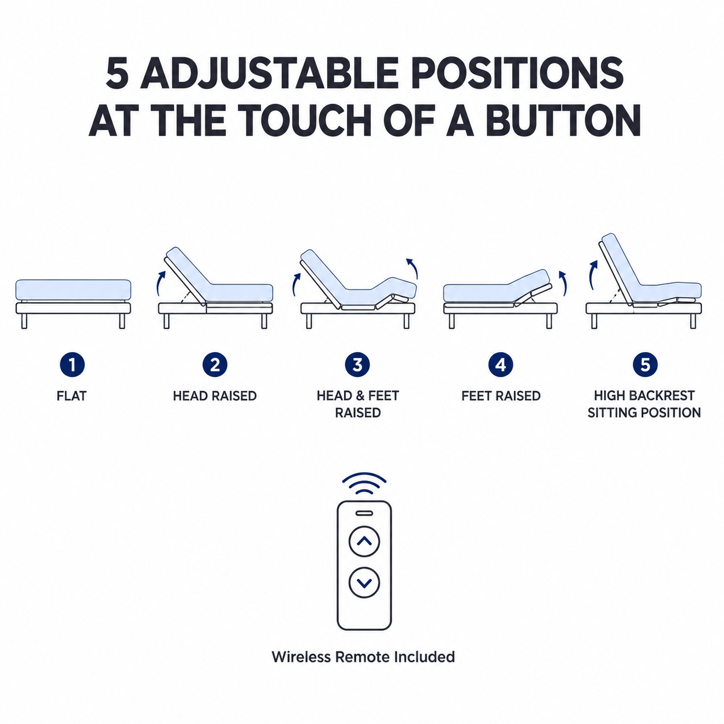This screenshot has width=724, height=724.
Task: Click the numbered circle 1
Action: pyautogui.click(x=72, y=364)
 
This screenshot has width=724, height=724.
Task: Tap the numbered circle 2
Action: pyautogui.click(x=215, y=364)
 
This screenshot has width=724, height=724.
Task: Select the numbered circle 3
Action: pyautogui.click(x=358, y=364)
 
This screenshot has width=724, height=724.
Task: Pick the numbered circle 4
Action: pyautogui.click(x=501, y=364)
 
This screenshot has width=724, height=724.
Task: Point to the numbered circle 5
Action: pyautogui.click(x=645, y=364)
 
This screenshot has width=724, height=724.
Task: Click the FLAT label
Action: pyautogui.click(x=72, y=395)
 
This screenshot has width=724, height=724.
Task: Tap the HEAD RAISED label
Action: pyautogui.click(x=215, y=395)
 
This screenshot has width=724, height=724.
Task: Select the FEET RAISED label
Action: pyautogui.click(x=501, y=395)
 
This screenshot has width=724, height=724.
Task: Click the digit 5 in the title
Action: pyautogui.click(x=117, y=73)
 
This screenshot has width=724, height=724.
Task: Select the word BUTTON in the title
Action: pyautogui.click(x=563, y=120)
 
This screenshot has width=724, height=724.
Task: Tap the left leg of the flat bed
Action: pyautogui.click(x=24, y=321)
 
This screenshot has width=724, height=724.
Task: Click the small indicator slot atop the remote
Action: pyautogui.click(x=364, y=513)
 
